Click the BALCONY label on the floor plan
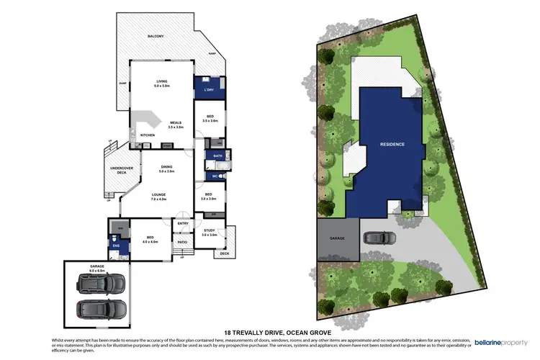pos(156,35)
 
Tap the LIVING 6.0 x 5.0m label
pos(161,84)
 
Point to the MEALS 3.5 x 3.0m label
pos(176,125)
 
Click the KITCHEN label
pos(148,135)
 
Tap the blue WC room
pos(214,175)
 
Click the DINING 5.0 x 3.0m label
pos(166,169)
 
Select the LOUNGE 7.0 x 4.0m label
pos(158,196)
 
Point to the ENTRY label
pos(183,224)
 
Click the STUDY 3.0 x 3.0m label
pos(210,233)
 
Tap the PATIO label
pos(183,243)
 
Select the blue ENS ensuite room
pos(117,246)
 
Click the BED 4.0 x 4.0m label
pos(150,240)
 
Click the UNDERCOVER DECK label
pos(117,171)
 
